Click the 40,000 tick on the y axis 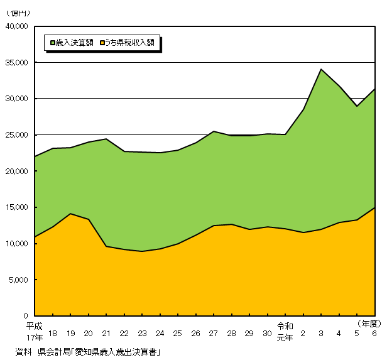tap(18, 26)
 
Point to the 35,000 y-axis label tap(18, 63)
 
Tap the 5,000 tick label tap(19, 280)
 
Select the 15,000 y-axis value tap(18, 207)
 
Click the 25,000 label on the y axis tap(18, 135)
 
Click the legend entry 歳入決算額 tap(75, 43)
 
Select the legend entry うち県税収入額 tap(129, 43)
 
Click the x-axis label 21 tap(106, 333)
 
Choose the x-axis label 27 tap(214, 333)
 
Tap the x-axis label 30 tap(267, 333)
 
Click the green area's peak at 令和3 tap(321, 69)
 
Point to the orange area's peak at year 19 tap(70, 214)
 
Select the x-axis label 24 tap(160, 333)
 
